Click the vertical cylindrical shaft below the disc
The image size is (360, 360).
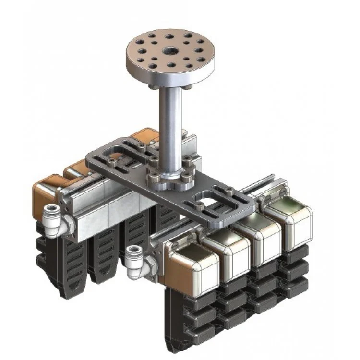pos(171,120)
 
